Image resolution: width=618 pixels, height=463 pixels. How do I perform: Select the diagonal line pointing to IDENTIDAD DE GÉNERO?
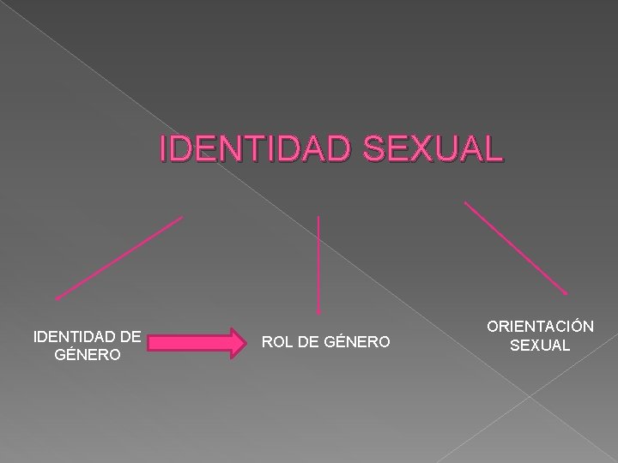pyautogui.click(x=118, y=257)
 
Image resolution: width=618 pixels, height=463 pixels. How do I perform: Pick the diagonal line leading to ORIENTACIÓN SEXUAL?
pyautogui.click(x=516, y=249)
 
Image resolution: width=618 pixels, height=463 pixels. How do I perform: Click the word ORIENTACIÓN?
pyautogui.click(x=540, y=328)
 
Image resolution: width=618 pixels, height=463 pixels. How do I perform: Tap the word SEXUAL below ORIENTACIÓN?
pyautogui.click(x=539, y=346)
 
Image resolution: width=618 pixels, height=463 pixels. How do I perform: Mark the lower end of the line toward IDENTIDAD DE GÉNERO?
pyautogui.click(x=58, y=298)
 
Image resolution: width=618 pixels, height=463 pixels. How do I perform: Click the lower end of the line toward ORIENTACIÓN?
pyautogui.click(x=566, y=294)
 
